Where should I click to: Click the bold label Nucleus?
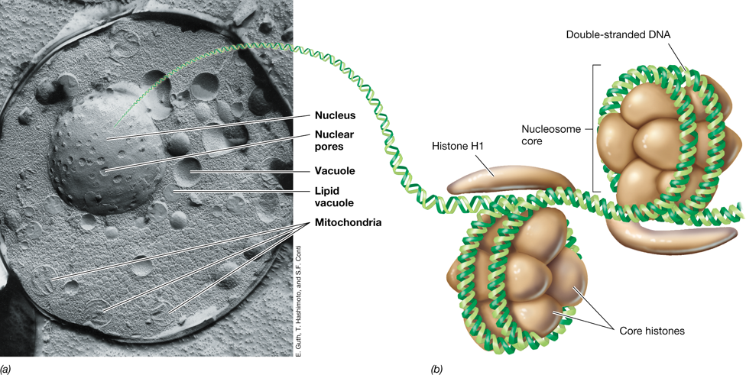coord(335,115)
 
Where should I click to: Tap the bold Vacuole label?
coord(335,170)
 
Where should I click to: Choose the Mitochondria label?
coord(347,222)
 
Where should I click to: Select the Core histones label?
coord(652,331)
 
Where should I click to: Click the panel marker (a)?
coord(7,368)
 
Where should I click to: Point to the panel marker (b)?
coord(436,368)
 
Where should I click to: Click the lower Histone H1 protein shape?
coord(676,235)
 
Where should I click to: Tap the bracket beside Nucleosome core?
coord(595,129)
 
